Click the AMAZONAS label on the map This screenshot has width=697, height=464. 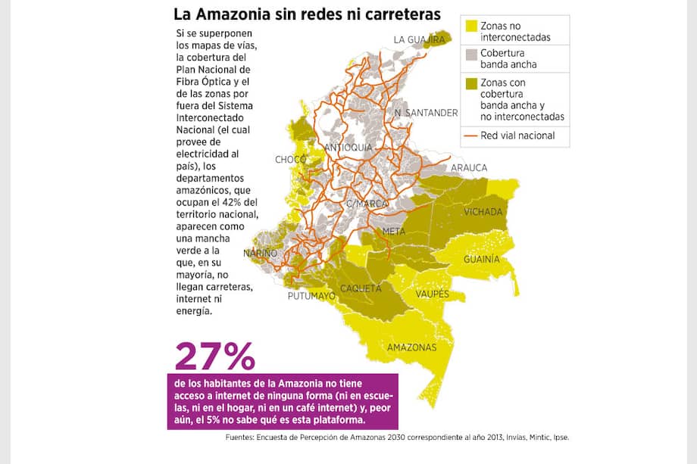click(x=412, y=347)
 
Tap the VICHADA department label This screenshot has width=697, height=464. click(x=485, y=211)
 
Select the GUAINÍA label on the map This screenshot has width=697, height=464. click(x=482, y=259)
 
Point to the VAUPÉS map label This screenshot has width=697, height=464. click(x=432, y=294)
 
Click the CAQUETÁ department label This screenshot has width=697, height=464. click(x=361, y=288)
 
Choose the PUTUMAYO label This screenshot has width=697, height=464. click(x=311, y=297)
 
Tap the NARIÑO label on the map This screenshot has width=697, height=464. click(x=260, y=252)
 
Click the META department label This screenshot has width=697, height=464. click(x=394, y=231)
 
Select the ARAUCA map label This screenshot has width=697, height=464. click(x=469, y=167)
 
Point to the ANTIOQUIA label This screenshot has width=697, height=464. click(x=348, y=147)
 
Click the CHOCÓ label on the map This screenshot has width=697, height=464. click(x=290, y=160)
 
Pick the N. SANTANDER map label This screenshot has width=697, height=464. click(x=426, y=113)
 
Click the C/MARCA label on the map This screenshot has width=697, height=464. click(x=367, y=204)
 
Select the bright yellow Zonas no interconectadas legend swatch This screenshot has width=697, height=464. click(x=471, y=26)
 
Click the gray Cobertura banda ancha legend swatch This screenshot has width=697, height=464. click(x=471, y=54)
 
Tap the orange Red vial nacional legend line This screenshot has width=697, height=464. click(x=471, y=136)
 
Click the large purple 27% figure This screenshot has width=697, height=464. click(x=215, y=356)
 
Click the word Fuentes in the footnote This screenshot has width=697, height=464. click(x=242, y=438)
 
